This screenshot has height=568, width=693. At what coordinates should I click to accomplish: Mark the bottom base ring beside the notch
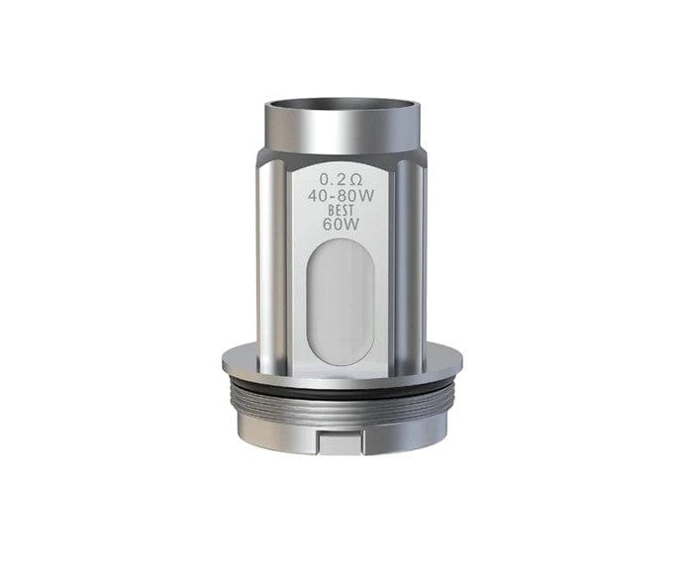click(287, 426)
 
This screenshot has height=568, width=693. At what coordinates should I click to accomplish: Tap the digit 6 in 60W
click(329, 225)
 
